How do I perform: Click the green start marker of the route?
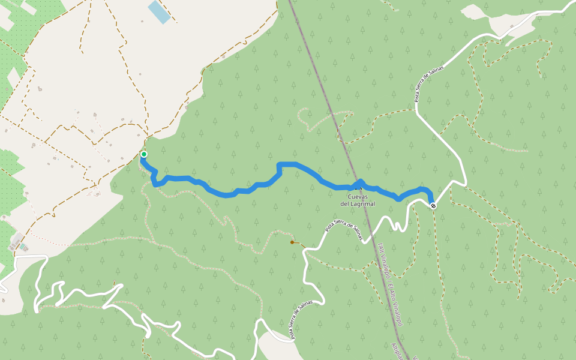(144, 154)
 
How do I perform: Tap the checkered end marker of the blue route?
(433, 206)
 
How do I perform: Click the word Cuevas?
(358, 197)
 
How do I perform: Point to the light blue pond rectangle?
(160, 12)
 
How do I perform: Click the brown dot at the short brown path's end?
(292, 242)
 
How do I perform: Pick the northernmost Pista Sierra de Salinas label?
(429, 84)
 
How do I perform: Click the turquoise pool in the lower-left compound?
(22, 247)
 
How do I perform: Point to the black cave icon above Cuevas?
(358, 187)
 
